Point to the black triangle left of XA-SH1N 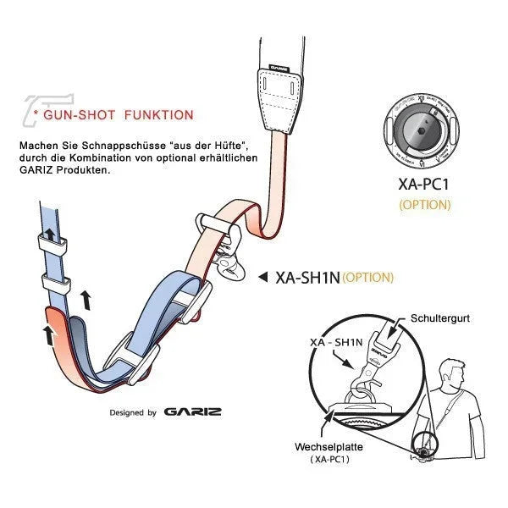point(262,276)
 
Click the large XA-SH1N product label point(306,277)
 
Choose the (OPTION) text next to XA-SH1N point(367,277)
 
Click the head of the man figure point(451,372)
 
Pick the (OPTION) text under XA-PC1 point(424,204)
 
